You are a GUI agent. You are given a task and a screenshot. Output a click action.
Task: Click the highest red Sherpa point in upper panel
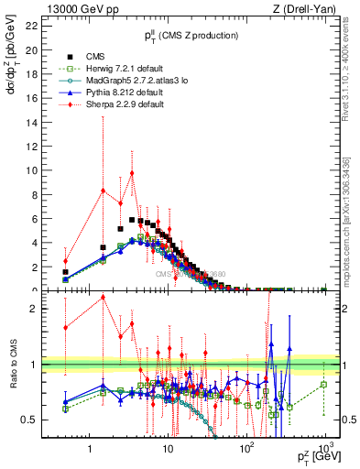point(132,173)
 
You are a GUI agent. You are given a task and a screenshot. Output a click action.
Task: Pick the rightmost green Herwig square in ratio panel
point(324,385)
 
